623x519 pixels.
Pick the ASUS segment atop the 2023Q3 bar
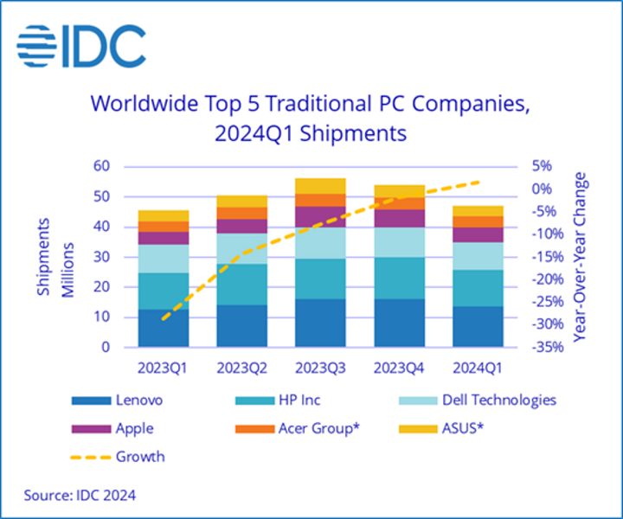tap(319, 186)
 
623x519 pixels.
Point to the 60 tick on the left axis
tap(102, 167)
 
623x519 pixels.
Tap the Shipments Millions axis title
tap(54, 257)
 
